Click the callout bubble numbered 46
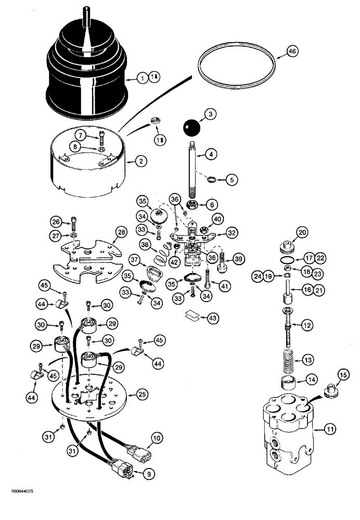tap(292, 51)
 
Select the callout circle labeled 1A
tap(154, 77)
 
